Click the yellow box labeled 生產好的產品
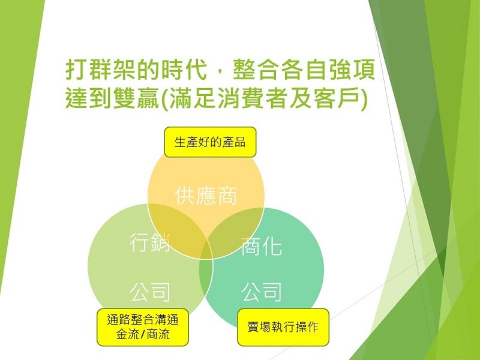210,142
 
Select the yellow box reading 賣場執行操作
283,327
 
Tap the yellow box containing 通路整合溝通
143,327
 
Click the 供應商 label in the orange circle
206,196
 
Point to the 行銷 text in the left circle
149,242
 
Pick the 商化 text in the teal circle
261,247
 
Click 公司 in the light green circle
149,292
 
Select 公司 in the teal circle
261,292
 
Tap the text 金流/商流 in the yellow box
143,334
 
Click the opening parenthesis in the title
164,99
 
